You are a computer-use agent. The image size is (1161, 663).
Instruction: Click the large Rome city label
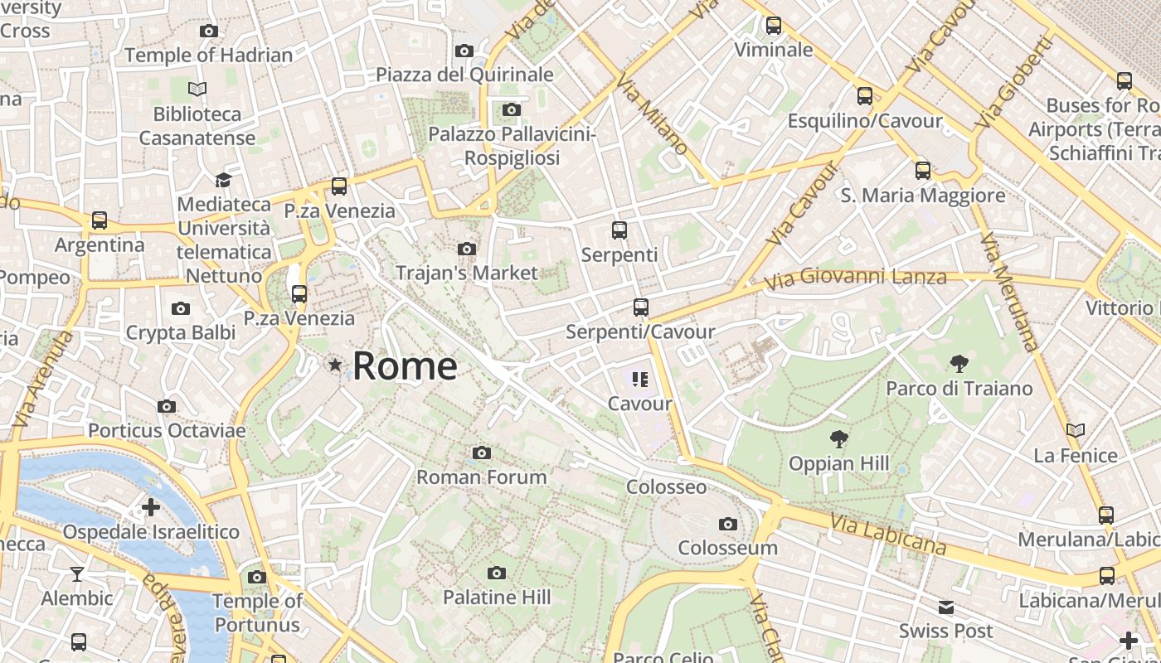pyautogui.click(x=405, y=366)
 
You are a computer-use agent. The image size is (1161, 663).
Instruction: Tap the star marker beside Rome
pyautogui.click(x=335, y=365)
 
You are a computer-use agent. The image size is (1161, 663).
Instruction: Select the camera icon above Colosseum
pyautogui.click(x=728, y=524)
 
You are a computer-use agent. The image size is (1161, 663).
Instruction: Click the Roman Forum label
pyautogui.click(x=481, y=477)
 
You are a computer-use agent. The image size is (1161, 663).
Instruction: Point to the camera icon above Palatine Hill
pyautogui.click(x=497, y=573)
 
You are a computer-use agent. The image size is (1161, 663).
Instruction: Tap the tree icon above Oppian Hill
pyautogui.click(x=839, y=439)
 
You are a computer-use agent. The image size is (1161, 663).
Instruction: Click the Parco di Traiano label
pyautogui.click(x=959, y=389)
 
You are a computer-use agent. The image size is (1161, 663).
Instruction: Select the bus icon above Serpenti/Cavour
pyautogui.click(x=640, y=307)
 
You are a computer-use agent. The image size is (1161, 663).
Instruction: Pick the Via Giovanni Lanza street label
pyautogui.click(x=854, y=278)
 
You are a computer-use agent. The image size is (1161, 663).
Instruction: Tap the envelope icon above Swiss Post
pyautogui.click(x=945, y=607)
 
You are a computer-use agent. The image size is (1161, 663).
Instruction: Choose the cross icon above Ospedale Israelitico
pyautogui.click(x=151, y=506)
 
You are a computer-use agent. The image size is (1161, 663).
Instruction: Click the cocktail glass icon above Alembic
pyautogui.click(x=77, y=573)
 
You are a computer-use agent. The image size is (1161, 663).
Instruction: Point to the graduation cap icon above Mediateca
pyautogui.click(x=223, y=180)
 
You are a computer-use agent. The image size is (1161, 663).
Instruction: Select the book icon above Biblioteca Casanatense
pyautogui.click(x=197, y=90)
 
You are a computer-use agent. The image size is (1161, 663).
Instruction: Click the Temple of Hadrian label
pyautogui.click(x=208, y=56)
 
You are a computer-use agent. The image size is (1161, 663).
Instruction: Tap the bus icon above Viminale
pyautogui.click(x=774, y=26)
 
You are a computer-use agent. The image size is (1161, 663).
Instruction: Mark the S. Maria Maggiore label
pyautogui.click(x=922, y=196)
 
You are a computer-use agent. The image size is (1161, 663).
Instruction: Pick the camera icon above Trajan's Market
pyautogui.click(x=466, y=249)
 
